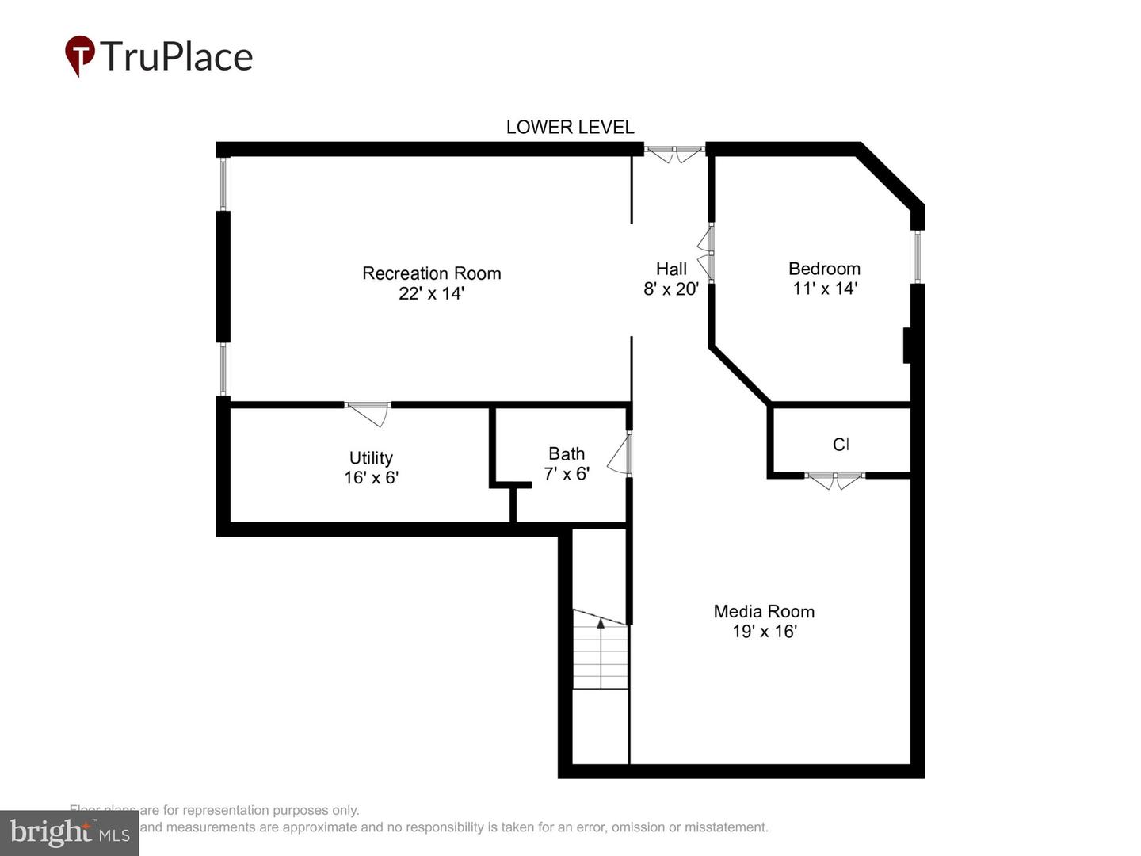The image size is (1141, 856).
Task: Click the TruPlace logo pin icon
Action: (x=79, y=55)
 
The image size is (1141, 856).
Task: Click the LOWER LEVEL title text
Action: (x=570, y=127)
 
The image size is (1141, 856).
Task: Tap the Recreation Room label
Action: (x=431, y=273)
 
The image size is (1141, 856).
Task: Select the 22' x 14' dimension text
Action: (x=431, y=293)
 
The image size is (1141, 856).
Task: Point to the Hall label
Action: (x=671, y=269)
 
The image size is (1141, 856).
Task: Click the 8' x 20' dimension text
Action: (x=670, y=289)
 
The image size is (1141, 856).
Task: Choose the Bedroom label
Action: (x=824, y=269)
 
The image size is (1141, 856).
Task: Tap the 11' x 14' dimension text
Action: (x=824, y=289)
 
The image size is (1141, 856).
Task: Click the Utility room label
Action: (x=371, y=458)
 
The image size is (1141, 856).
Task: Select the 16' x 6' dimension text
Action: (x=371, y=478)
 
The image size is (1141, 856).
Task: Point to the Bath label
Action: (x=567, y=454)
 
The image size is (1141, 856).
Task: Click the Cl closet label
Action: (x=841, y=445)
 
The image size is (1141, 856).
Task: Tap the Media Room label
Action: (x=764, y=611)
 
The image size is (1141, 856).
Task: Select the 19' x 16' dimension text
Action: (x=764, y=632)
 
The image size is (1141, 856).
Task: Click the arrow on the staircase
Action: (x=601, y=625)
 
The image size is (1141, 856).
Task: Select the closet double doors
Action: (x=834, y=480)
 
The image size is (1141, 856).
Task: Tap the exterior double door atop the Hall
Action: (x=674, y=153)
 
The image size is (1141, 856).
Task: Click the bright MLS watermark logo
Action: (x=69, y=832)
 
